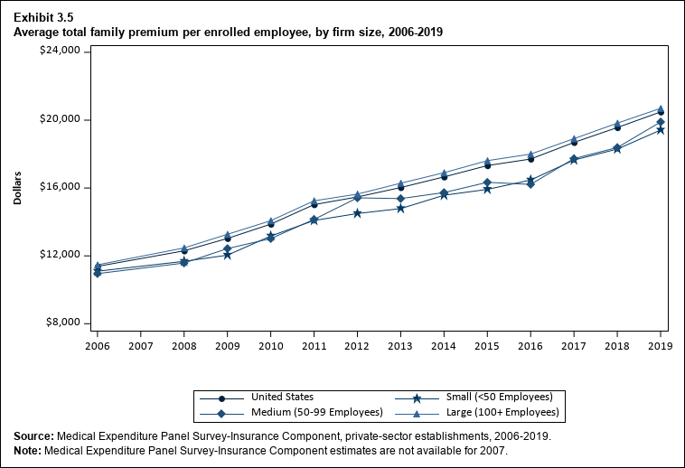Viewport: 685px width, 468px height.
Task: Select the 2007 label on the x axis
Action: pyautogui.click(x=140, y=344)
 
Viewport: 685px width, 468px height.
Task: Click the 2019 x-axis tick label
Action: pyautogui.click(x=661, y=344)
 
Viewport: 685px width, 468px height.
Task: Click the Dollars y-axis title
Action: pyautogui.click(x=18, y=187)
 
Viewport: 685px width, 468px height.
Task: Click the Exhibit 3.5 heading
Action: pyautogui.click(x=43, y=16)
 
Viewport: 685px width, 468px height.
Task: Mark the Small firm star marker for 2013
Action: pyautogui.click(x=400, y=209)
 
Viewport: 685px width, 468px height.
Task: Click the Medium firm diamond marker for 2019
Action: pyautogui.click(x=661, y=122)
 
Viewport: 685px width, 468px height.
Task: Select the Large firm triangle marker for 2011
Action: pyautogui.click(x=314, y=201)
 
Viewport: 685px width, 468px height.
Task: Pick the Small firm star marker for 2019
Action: pyautogui.click(x=661, y=130)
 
